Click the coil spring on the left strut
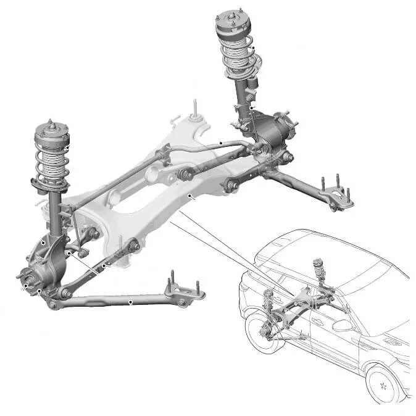pyautogui.click(x=52, y=162)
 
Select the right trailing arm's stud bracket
pyautogui.click(x=337, y=195)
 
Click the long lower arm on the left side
pyautogui.click(x=117, y=302)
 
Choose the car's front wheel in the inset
pyautogui.click(x=383, y=383)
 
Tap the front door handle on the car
pyautogui.click(x=321, y=321)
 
